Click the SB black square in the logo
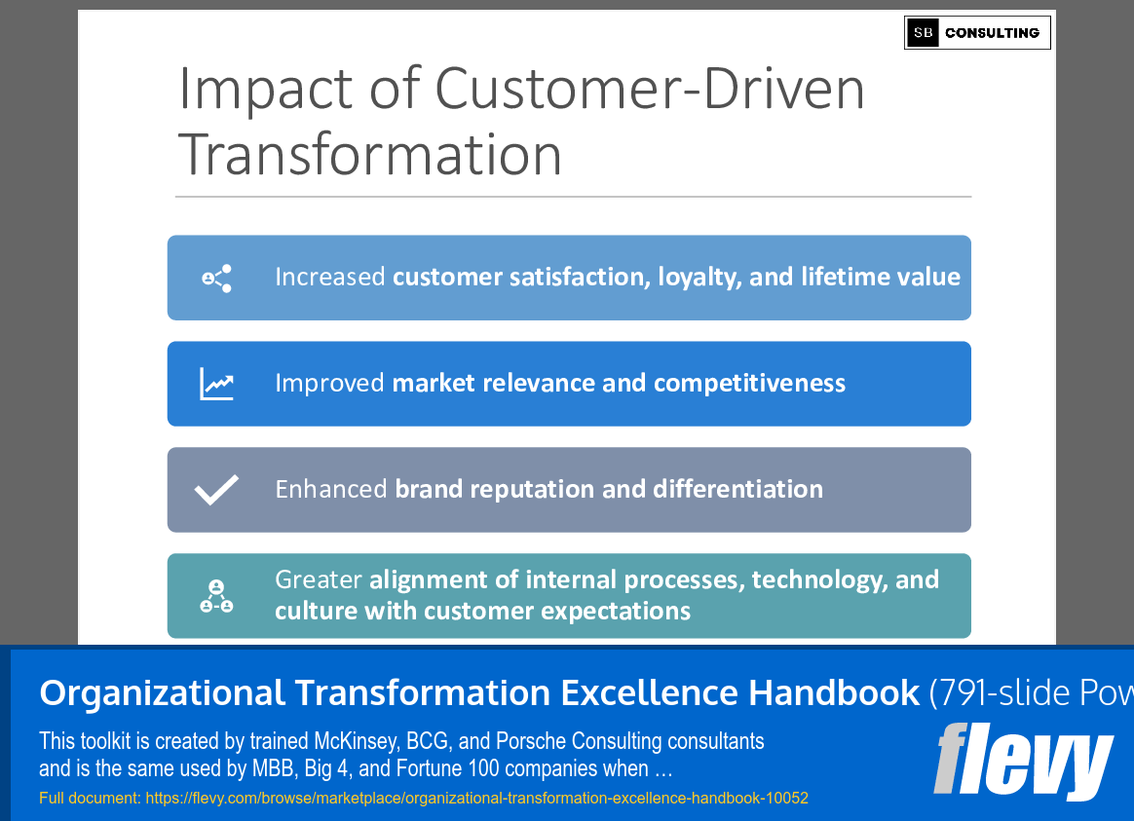tap(923, 32)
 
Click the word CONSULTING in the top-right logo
tap(992, 33)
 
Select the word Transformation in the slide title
tap(369, 155)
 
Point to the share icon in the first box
tap(217, 279)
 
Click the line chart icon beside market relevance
tap(216, 384)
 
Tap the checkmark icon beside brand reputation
tap(216, 490)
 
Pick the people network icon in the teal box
tap(216, 596)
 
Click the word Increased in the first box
tap(330, 277)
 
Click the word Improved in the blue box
tap(329, 383)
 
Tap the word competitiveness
tap(749, 383)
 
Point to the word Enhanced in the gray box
tap(331, 489)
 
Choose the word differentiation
tap(737, 489)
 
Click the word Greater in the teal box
tap(319, 579)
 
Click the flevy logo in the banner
tap(1023, 761)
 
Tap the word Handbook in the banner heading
tap(834, 692)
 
